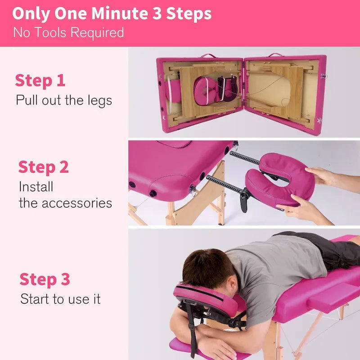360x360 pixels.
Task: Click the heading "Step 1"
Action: pyautogui.click(x=40, y=81)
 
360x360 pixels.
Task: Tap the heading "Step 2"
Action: pyautogui.click(x=43, y=167)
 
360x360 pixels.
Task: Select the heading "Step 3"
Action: pyautogui.click(x=45, y=279)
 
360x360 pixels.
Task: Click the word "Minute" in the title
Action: pyautogui.click(x=119, y=13)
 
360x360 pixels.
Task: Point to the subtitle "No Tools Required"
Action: pyautogui.click(x=68, y=32)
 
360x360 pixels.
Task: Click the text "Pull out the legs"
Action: pyautogui.click(x=64, y=100)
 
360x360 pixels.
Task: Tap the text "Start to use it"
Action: pyautogui.click(x=60, y=299)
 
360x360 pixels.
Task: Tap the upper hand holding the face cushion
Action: pyautogui.click(x=322, y=175)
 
